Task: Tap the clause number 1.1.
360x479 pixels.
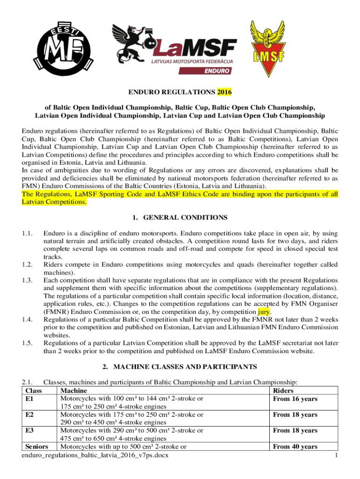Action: [x=28, y=232]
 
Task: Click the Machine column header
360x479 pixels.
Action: [x=71, y=390]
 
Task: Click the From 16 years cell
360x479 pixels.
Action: [x=295, y=399]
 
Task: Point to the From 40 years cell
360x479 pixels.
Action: [x=295, y=447]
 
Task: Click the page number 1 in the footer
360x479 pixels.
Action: [x=337, y=455]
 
